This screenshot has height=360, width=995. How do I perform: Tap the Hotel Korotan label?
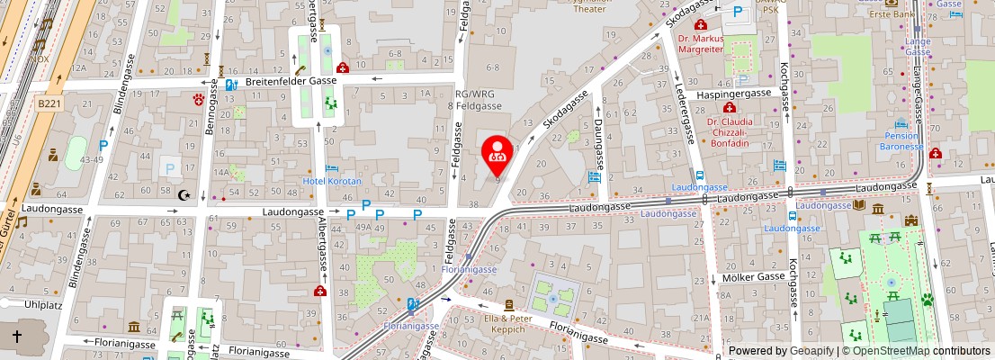(330, 181)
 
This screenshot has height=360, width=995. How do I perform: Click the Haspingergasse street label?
(734, 93)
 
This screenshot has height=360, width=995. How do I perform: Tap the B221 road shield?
(49, 104)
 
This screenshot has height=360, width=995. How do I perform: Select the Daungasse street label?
(597, 144)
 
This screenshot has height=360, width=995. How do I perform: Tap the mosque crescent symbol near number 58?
(186, 195)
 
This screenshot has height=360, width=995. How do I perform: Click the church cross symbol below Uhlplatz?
(16, 336)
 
